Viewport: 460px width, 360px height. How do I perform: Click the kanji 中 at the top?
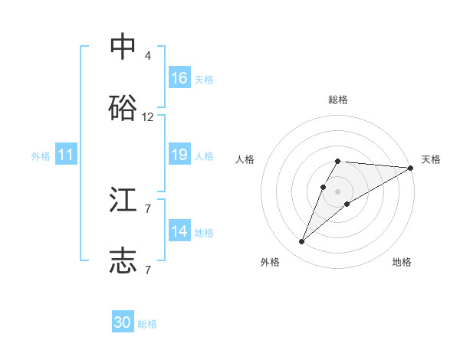(x=123, y=47)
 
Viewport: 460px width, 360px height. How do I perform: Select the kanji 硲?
(x=123, y=108)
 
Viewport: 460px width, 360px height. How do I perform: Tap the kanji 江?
(x=123, y=201)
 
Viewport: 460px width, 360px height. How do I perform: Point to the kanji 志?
(x=123, y=261)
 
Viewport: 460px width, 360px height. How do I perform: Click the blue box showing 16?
(x=179, y=77)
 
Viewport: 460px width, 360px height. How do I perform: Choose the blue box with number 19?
(x=179, y=155)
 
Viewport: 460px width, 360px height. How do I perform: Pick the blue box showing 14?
(x=179, y=231)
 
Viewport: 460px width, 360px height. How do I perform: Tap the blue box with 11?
(x=66, y=155)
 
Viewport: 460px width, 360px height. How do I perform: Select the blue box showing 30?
(x=123, y=322)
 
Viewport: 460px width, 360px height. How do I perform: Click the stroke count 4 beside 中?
(x=147, y=56)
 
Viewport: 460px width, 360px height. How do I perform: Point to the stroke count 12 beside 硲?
(x=148, y=117)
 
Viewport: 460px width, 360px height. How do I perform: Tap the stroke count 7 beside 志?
(x=147, y=270)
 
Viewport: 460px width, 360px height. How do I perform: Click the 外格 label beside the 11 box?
(x=41, y=156)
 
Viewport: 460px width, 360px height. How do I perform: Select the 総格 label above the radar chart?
(x=338, y=100)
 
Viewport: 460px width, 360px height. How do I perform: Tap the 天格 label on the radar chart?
(x=431, y=159)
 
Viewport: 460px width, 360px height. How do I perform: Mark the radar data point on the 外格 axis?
(x=301, y=242)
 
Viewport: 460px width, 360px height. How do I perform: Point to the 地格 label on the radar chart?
(x=402, y=262)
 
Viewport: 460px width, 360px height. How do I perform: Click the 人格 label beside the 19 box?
(x=204, y=156)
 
